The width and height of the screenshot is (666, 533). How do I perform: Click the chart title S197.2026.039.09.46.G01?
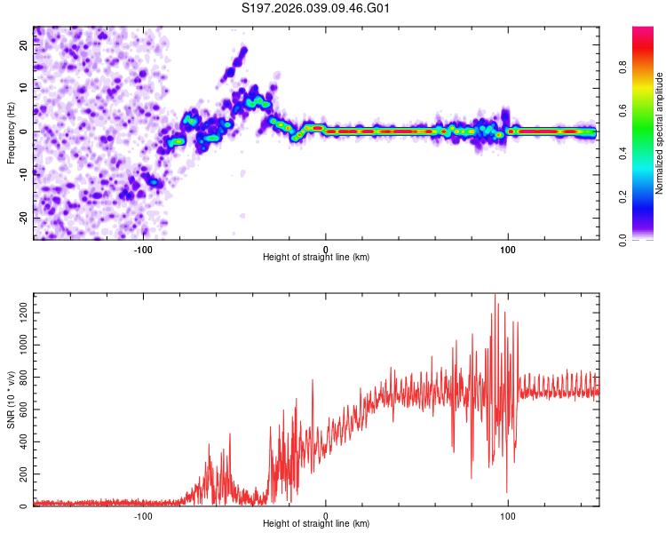pos(316,9)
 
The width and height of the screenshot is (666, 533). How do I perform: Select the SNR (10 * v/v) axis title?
pos(11,401)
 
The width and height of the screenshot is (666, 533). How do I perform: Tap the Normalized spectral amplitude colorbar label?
pos(660,134)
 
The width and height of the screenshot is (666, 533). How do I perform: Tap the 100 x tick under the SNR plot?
pos(508,515)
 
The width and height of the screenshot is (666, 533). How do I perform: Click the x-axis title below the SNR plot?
pos(316,525)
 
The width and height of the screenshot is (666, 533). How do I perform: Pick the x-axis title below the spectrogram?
pos(316,258)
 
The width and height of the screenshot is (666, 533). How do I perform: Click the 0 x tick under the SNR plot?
pos(326,515)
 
